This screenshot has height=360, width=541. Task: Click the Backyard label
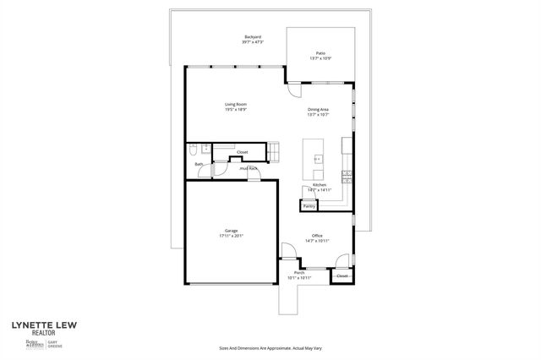[x=252, y=37]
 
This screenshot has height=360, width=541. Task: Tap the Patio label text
[x=320, y=53]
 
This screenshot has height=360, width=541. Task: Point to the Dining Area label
[x=318, y=110]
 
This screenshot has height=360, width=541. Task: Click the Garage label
[x=231, y=231]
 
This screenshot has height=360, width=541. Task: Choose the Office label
[x=317, y=236]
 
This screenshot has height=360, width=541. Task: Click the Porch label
[x=299, y=273]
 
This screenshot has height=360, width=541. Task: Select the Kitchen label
[x=320, y=185]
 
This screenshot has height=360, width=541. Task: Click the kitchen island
[x=318, y=158]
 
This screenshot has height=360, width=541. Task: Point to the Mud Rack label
[x=249, y=168]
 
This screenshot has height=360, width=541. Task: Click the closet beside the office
[x=342, y=276]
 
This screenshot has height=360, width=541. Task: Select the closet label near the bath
[x=242, y=152]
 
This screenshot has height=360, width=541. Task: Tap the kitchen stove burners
[x=346, y=176]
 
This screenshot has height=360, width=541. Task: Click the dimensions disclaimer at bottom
[x=270, y=347]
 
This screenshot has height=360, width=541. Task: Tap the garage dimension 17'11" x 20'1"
[x=231, y=236]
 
